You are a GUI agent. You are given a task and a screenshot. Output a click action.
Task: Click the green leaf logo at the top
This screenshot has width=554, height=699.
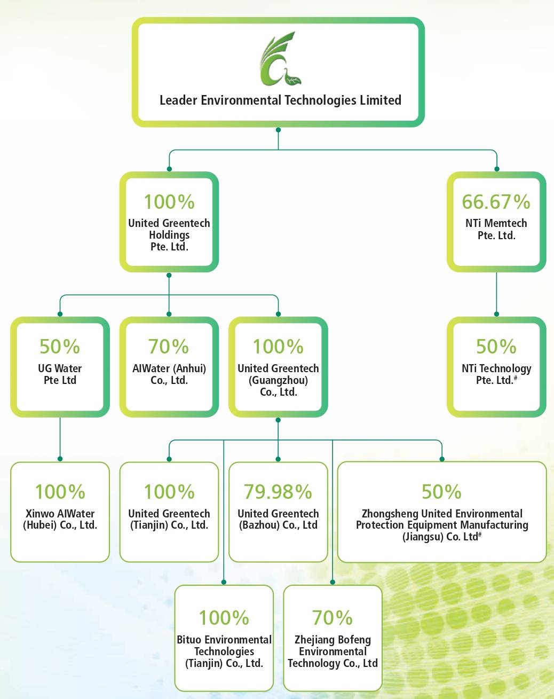pyautogui.click(x=280, y=59)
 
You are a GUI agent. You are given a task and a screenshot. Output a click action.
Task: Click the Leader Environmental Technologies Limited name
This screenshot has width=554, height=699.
pyautogui.click(x=280, y=100)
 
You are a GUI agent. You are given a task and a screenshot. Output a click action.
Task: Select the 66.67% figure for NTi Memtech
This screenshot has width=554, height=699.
pyautogui.click(x=496, y=202)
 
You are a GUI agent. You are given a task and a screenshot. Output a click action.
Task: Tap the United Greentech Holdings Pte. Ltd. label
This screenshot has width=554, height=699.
pyautogui.click(x=169, y=235)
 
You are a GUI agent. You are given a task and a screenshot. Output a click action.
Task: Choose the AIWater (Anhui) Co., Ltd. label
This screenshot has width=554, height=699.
pyautogui.click(x=169, y=374)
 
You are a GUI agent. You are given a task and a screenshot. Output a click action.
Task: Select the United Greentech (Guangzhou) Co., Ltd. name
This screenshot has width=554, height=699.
pyautogui.click(x=278, y=380)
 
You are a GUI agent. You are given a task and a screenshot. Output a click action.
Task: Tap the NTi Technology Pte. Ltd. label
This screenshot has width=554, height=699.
pyautogui.click(x=496, y=374)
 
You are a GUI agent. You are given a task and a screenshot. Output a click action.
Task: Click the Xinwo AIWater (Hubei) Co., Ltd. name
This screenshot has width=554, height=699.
pyautogui.click(x=60, y=519)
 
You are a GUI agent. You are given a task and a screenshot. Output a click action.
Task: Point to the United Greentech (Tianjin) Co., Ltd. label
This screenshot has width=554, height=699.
pyautogui.click(x=169, y=519)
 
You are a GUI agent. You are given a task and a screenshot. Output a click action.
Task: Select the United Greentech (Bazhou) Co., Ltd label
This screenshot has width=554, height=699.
pyautogui.click(x=278, y=519)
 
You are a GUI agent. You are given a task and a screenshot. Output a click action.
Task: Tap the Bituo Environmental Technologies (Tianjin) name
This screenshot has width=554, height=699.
pyautogui.click(x=224, y=651)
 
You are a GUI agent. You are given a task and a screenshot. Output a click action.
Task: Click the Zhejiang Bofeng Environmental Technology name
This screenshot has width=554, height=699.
pyautogui.click(x=333, y=651)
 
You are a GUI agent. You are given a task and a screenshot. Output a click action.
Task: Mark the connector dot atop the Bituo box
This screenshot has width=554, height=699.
pyautogui.click(x=224, y=583)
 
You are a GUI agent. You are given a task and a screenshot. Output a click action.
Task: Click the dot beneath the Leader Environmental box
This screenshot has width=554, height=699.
pyautogui.click(x=278, y=130)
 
